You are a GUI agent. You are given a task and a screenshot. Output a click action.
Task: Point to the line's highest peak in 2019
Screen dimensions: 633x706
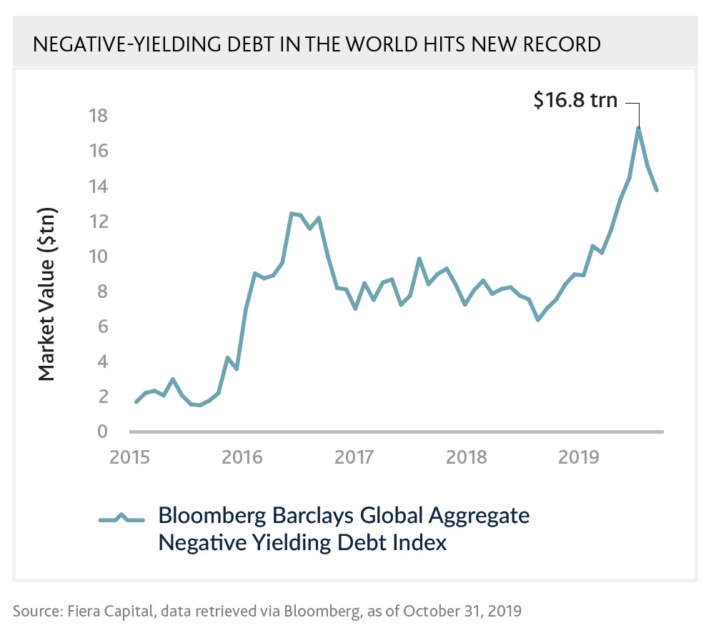[638, 129]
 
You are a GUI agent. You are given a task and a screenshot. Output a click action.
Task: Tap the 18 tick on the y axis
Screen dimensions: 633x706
[99, 116]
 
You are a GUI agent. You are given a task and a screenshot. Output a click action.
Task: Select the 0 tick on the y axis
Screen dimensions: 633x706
[102, 432]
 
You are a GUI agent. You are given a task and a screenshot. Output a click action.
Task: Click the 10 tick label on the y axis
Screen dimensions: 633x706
[99, 256]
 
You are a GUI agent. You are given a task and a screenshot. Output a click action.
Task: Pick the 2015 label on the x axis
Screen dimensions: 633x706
[129, 457]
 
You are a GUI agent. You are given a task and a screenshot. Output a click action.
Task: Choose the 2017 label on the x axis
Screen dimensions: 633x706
[355, 457]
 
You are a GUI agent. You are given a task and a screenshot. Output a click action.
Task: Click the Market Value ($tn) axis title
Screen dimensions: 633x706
[47, 294]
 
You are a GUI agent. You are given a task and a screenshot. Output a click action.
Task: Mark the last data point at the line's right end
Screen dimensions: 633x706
[656, 190]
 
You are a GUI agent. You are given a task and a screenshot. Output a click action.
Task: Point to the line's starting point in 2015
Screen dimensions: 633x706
[136, 402]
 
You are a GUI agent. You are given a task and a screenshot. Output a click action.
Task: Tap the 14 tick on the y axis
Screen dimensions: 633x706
[99, 186]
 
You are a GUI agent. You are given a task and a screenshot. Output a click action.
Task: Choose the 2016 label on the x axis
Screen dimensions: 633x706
[242, 457]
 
